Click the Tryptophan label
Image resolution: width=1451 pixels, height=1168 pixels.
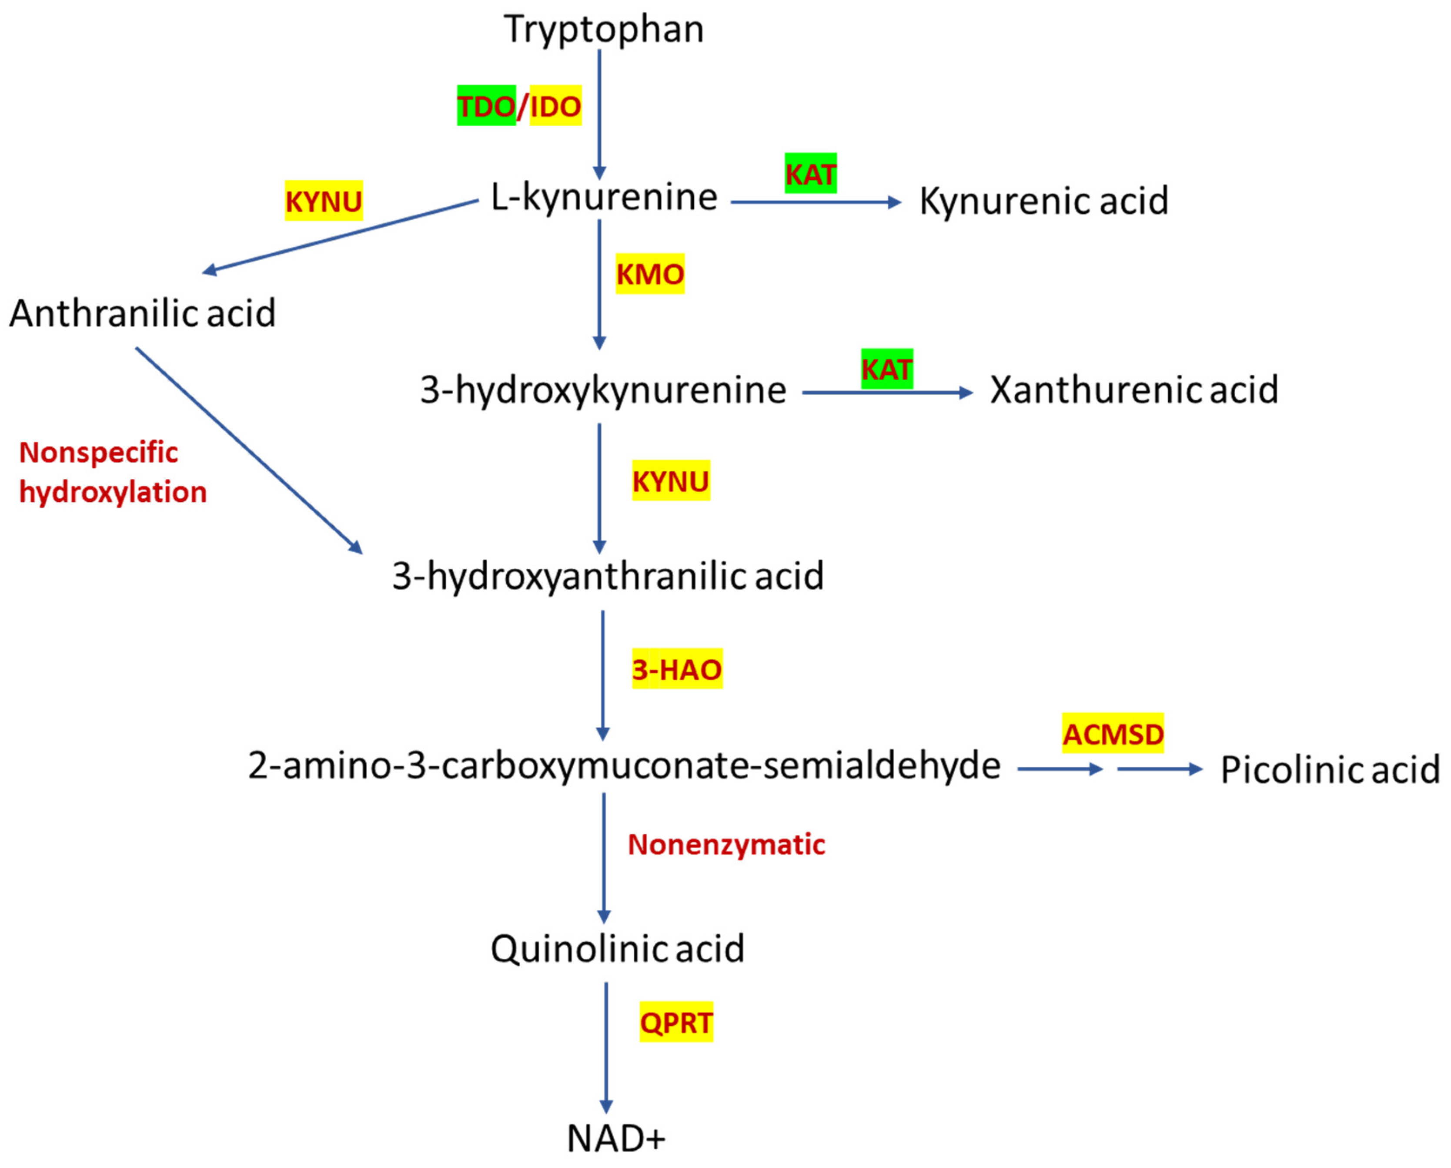[604, 30]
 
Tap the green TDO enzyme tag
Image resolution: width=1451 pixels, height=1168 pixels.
[486, 106]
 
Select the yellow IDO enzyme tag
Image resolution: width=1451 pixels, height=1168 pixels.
[555, 106]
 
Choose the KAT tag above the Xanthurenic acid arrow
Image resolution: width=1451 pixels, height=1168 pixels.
[886, 369]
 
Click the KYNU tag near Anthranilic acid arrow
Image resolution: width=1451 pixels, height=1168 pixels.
[324, 201]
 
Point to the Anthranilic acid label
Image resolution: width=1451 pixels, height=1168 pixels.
[143, 314]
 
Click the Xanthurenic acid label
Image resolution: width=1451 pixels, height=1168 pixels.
[1133, 390]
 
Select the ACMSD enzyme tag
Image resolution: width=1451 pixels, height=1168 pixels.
[1113, 733]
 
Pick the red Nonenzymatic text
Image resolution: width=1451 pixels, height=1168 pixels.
[726, 845]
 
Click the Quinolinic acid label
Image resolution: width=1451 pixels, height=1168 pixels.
[617, 949]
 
